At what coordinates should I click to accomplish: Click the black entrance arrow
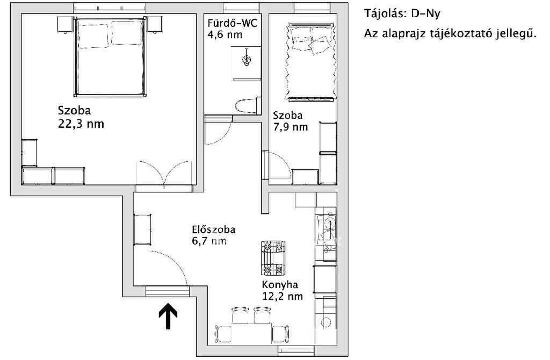tap(168, 316)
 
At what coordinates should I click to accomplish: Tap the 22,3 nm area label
tap(81, 124)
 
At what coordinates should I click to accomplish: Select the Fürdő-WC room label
tap(232, 23)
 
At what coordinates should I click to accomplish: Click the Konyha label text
tap(280, 284)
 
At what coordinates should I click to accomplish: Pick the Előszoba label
tap(214, 229)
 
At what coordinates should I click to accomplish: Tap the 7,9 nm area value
tap(291, 127)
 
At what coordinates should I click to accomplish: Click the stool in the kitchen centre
tap(273, 258)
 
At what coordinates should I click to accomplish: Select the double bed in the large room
tap(110, 57)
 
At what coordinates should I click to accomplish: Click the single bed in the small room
tap(310, 62)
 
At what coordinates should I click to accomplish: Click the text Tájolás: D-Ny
tap(402, 13)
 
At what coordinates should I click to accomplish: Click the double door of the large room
tap(164, 172)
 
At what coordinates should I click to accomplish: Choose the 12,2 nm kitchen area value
tap(283, 296)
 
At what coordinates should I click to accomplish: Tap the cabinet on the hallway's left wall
tap(143, 229)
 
